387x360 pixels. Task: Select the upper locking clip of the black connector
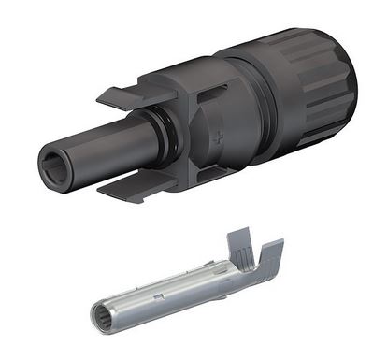[125, 96]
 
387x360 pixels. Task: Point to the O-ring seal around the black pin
[166, 138]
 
